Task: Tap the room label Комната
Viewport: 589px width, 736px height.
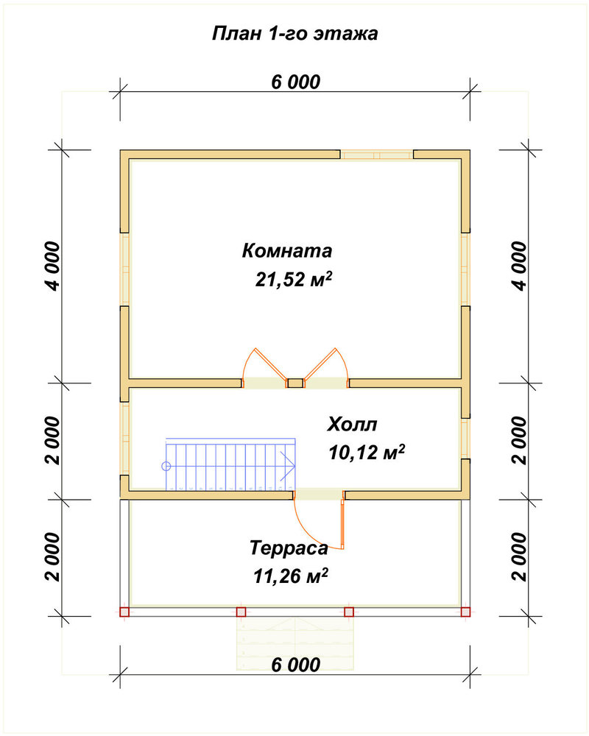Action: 287,251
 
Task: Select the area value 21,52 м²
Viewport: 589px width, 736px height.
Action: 294,279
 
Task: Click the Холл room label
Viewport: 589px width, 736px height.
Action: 352,425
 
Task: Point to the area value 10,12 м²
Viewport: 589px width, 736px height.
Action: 367,453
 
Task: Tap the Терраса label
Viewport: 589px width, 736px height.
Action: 289,548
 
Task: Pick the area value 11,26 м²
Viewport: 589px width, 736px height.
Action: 290,576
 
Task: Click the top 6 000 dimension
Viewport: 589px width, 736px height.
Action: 296,82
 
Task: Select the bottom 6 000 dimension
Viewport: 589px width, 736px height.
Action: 296,665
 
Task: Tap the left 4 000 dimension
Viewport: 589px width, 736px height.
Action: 53,266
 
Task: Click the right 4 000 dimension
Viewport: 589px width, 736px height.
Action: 520,266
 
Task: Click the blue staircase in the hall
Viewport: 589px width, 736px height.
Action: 230,464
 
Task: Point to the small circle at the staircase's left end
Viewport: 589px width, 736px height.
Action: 166,466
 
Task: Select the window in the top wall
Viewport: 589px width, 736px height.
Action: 377,155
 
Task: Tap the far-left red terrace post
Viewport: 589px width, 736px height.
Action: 124,612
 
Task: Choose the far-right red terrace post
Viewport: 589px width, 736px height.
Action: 465,612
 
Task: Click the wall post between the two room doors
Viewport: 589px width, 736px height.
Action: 295,383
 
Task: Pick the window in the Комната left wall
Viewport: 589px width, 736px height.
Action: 124,269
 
